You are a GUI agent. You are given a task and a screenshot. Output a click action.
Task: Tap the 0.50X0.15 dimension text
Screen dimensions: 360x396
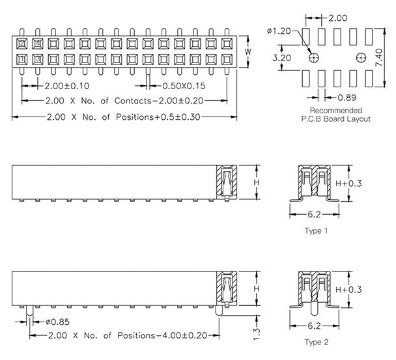184,85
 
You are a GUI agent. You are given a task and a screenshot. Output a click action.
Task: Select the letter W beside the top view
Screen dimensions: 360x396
247,51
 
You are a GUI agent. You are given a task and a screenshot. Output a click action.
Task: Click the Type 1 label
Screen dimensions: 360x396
317,231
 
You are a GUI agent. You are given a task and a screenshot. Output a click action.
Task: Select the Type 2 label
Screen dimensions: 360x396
317,340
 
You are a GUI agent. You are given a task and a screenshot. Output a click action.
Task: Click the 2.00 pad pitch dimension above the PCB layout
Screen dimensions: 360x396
337,18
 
